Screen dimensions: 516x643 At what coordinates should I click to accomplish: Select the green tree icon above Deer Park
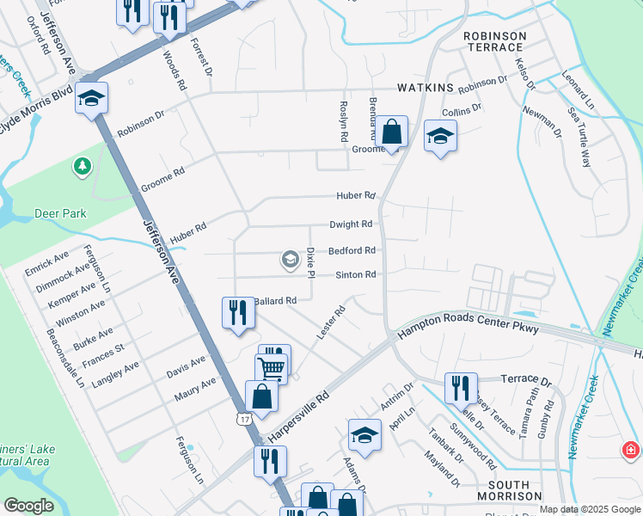83,165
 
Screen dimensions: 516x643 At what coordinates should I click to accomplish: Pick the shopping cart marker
271,368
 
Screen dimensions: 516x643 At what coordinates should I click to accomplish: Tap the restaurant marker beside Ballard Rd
236,313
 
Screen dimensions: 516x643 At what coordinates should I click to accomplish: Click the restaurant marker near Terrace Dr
461,388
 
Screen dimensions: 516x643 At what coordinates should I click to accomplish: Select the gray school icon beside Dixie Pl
290,259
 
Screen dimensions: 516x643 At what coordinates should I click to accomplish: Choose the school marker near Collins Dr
440,136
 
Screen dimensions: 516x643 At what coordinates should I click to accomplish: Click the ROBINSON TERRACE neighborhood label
494,42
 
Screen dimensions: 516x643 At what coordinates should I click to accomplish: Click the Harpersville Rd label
298,415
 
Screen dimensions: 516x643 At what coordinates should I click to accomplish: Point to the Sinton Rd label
356,275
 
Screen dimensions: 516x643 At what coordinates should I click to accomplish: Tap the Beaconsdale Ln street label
65,357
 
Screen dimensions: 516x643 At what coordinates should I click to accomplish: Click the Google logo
28,506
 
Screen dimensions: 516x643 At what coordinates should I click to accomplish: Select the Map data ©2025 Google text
589,509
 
